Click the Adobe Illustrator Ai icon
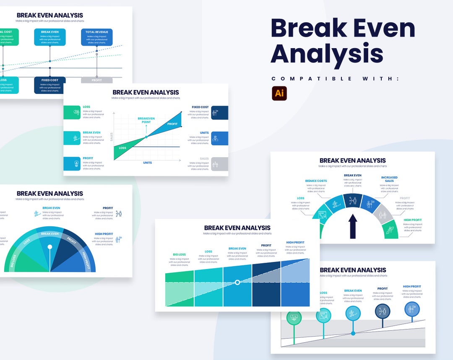coord(279,93)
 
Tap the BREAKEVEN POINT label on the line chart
coord(146,120)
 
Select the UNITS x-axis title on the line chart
coord(147,163)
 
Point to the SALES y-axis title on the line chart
coord(112,137)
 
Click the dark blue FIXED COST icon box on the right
coord(220,112)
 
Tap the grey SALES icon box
coord(220,164)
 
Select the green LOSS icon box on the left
coord(72,112)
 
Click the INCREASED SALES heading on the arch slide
coord(389,179)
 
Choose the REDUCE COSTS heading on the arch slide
coord(316,181)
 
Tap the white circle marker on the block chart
coord(237,282)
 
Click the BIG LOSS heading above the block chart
coord(179,254)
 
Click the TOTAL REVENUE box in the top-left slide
coord(97,37)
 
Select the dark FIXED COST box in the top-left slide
coord(49,85)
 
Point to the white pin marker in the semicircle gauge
coord(50,247)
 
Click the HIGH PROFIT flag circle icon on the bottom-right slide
coord(412,309)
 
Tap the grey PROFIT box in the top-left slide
coord(96,80)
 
